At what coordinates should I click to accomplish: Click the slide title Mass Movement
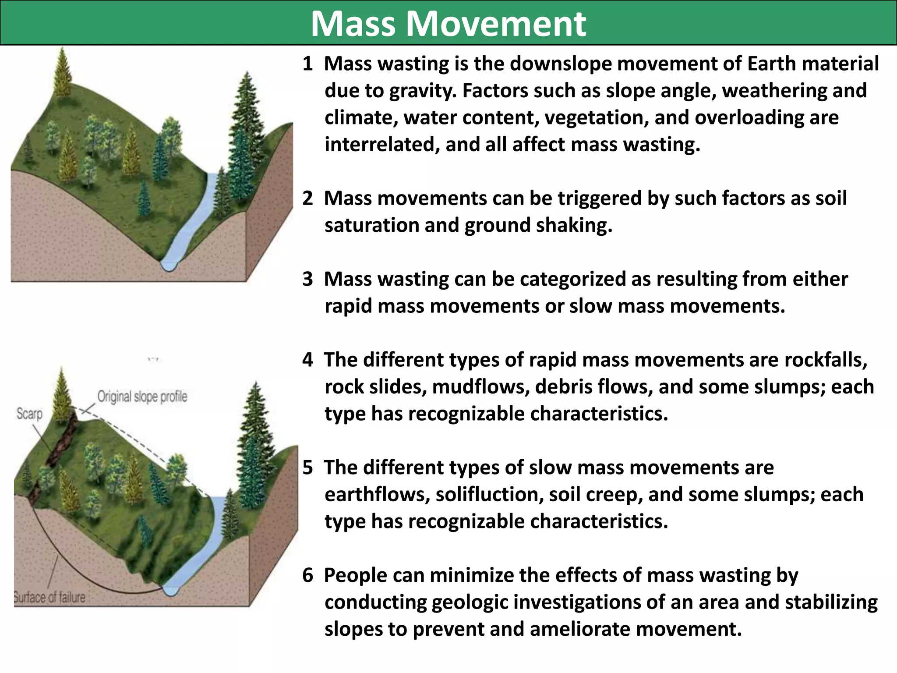(x=448, y=24)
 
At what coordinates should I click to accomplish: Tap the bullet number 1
(x=307, y=64)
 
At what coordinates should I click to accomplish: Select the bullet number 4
(x=307, y=360)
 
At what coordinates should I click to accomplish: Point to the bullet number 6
(x=307, y=576)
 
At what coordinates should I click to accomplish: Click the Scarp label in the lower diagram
(x=29, y=414)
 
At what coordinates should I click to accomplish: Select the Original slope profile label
(x=142, y=397)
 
